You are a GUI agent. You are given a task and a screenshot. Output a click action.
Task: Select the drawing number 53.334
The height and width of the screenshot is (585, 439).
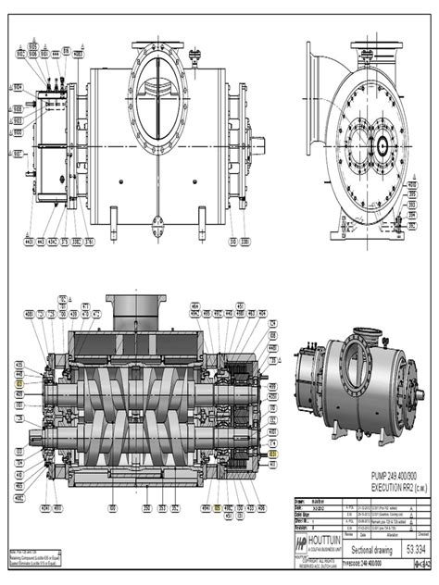(x=404, y=549)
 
